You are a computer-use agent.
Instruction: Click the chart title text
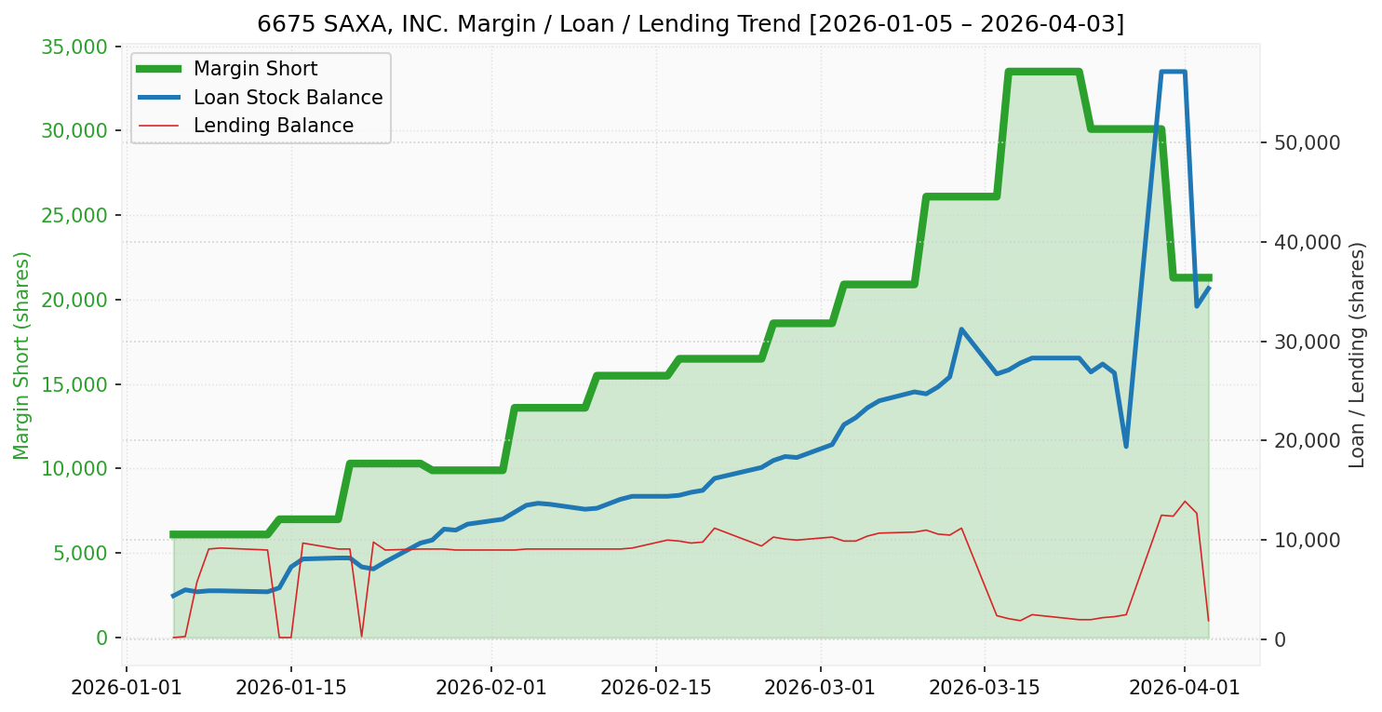point(691,23)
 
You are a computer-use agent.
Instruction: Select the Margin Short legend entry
point(255,69)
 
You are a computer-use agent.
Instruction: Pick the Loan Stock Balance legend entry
point(288,98)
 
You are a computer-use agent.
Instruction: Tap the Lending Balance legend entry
point(273,126)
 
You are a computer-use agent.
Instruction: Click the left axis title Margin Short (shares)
point(21,355)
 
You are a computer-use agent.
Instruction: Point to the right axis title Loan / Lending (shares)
point(1357,355)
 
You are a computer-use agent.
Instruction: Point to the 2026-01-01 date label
point(126,688)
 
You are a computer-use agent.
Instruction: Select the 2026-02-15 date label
point(655,688)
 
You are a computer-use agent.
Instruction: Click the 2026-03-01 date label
point(820,688)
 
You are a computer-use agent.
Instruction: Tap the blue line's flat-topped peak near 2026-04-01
point(1173,72)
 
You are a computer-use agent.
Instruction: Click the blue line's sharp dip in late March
point(1126,446)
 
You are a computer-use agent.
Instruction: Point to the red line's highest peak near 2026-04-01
point(1185,502)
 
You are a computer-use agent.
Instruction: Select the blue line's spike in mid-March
point(961,329)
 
